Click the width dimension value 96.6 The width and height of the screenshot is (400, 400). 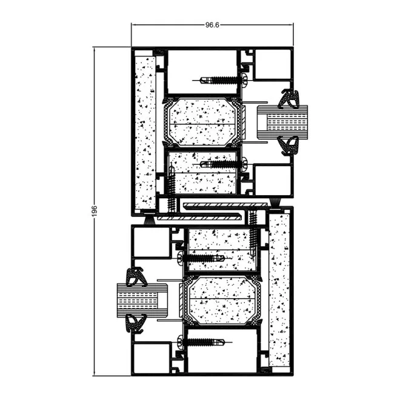pos(212,25)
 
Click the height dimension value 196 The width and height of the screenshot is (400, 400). pos(95,211)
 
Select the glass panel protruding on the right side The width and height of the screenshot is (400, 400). pos(282,122)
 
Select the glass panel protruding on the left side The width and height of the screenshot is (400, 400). pos(142,300)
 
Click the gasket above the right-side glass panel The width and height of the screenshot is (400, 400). pos(290,98)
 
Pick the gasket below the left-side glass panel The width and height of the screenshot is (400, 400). pos(137,324)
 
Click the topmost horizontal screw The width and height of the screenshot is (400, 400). pos(220,81)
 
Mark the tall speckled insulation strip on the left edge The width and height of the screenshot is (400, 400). pos(145,133)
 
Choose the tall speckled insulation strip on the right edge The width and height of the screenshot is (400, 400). pos(279,290)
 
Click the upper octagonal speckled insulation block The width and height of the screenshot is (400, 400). pos(202,122)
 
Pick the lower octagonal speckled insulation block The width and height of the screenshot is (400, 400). pos(222,301)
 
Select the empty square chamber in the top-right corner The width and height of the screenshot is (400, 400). pos(273,64)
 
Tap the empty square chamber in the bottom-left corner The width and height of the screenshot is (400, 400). pos(152,358)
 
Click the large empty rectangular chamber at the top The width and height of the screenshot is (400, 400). pos(202,72)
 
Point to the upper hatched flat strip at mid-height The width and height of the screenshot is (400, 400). pos(225,205)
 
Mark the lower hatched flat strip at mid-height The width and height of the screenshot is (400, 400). pos(199,218)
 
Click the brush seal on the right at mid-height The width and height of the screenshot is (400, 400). pos(275,203)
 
